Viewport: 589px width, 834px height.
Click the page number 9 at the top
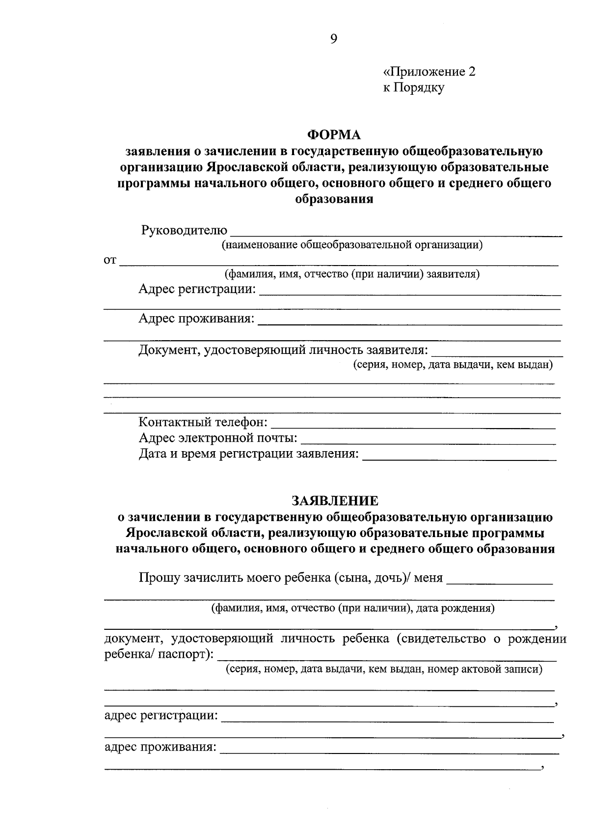334,39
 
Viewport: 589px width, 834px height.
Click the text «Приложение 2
429,72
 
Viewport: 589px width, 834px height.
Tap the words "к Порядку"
414,88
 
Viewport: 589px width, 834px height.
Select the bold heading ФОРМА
334,135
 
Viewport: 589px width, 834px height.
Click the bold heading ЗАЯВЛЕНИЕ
335,501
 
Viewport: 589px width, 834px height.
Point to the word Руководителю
184,230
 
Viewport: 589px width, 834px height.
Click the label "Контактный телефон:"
203,422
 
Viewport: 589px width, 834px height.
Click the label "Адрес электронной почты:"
218,437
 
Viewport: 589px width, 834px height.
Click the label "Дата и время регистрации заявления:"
248,454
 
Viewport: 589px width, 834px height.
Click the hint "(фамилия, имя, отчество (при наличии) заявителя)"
352,274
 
